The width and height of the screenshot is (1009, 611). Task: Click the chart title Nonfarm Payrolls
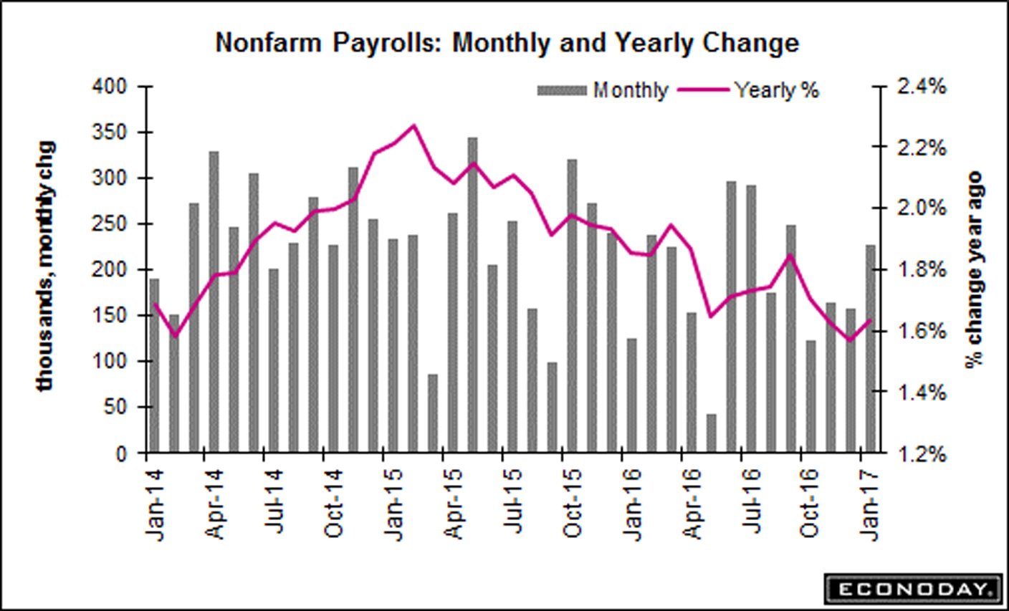coord(507,43)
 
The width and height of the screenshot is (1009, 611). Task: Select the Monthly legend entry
coord(603,90)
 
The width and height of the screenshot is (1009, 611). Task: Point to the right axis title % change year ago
coord(974,269)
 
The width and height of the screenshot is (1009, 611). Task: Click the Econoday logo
coord(912,589)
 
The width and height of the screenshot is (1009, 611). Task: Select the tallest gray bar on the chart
coord(472,295)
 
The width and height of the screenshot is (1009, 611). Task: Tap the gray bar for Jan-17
coord(870,349)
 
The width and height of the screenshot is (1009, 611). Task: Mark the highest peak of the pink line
coord(413,126)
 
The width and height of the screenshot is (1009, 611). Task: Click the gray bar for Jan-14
coord(154,365)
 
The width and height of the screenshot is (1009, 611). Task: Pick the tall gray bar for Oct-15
coord(572,306)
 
